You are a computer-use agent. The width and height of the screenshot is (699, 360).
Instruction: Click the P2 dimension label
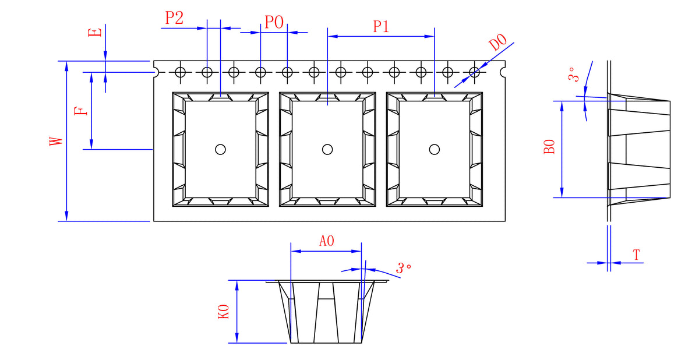[x=174, y=17]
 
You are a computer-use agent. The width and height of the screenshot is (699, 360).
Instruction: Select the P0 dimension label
[x=274, y=23]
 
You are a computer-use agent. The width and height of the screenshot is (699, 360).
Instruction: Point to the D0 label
[x=497, y=44]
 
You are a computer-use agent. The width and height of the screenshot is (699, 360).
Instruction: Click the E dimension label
[x=97, y=31]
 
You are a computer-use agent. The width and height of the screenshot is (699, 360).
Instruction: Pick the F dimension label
[x=83, y=110]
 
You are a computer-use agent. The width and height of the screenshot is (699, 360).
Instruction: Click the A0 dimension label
[x=326, y=241]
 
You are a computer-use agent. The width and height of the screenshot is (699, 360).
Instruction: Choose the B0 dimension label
[x=549, y=147]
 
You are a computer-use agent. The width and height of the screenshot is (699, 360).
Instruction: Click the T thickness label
[x=636, y=255]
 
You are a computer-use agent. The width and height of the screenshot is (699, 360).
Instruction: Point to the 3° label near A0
[x=404, y=269]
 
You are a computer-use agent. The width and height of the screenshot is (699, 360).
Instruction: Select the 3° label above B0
[x=574, y=75]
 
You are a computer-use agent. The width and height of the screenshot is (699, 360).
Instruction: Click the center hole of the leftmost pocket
[x=220, y=149]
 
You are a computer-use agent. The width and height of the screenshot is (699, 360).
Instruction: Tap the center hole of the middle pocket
[x=327, y=149]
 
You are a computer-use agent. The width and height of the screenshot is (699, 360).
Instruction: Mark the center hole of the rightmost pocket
[x=434, y=149]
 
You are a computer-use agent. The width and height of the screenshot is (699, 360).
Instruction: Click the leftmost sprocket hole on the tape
[x=181, y=72]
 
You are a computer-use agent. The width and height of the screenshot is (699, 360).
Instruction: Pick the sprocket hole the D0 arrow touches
[x=475, y=72]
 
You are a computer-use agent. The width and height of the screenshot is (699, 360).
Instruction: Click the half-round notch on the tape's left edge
[x=156, y=72]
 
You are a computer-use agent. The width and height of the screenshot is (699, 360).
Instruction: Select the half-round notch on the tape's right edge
[x=503, y=72]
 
